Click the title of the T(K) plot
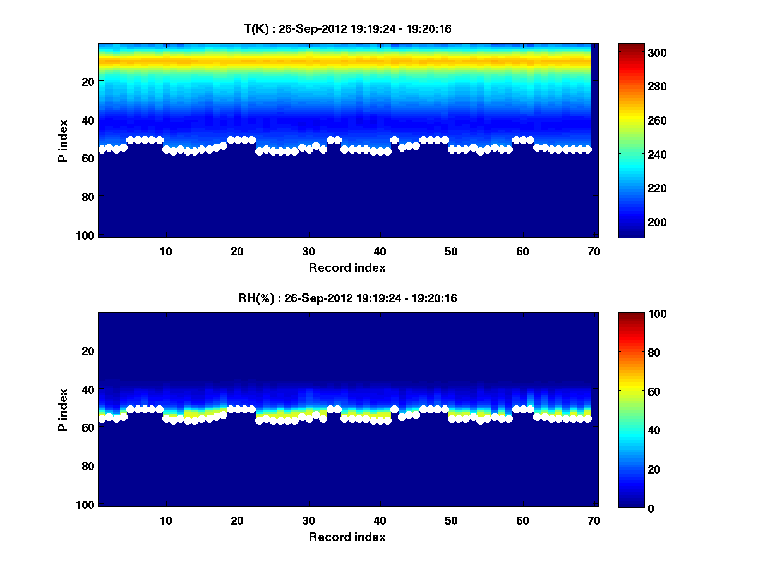[347, 28]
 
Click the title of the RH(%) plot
[347, 298]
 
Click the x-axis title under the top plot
[347, 267]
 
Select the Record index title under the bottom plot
[347, 537]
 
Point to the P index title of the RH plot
[63, 410]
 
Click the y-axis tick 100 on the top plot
[87, 235]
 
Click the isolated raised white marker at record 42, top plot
[394, 140]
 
